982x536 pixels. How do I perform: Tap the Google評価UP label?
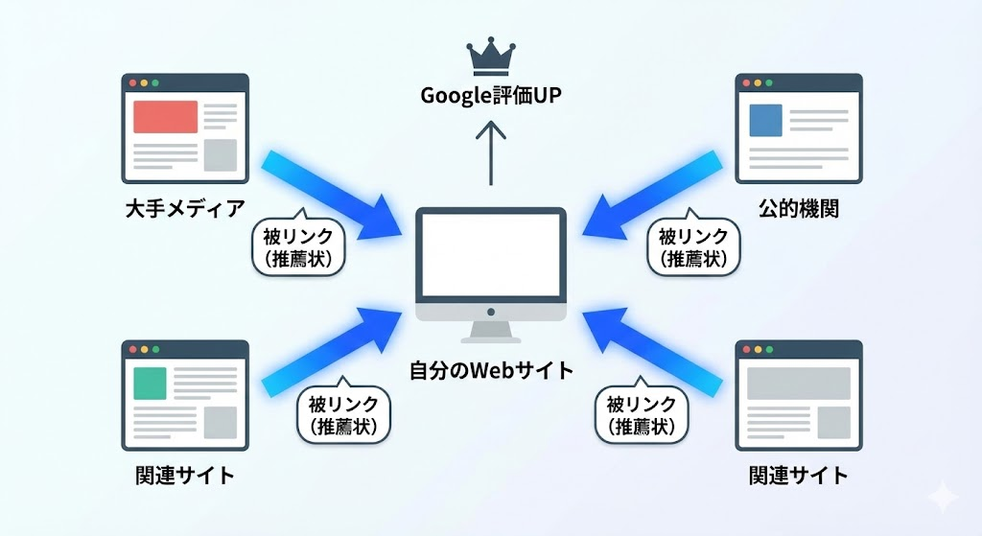[491, 96]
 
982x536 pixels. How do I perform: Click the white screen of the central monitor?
[491, 255]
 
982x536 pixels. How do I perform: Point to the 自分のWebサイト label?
[491, 370]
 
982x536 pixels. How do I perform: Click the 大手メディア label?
[185, 207]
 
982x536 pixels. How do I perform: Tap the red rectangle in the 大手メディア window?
[165, 117]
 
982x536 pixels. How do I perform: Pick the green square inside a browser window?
[150, 383]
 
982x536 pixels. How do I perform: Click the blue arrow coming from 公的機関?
[657, 194]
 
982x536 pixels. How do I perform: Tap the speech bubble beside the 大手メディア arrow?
[298, 245]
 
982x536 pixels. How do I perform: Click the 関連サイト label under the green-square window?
[185, 475]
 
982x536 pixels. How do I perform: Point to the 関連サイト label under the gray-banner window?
[798, 475]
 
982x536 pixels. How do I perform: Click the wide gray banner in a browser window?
[799, 384]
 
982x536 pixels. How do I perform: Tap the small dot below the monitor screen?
[491, 313]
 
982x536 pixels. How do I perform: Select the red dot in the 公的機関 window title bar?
[744, 82]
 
